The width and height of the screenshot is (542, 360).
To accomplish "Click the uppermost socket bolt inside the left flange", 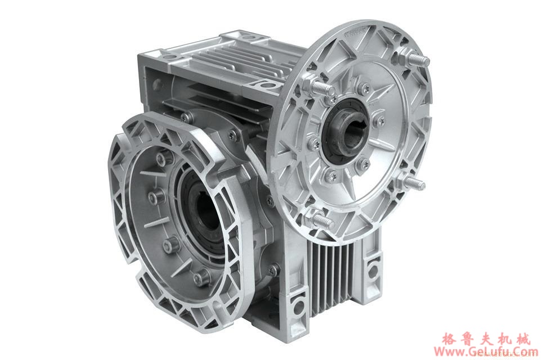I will click(161, 159).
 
